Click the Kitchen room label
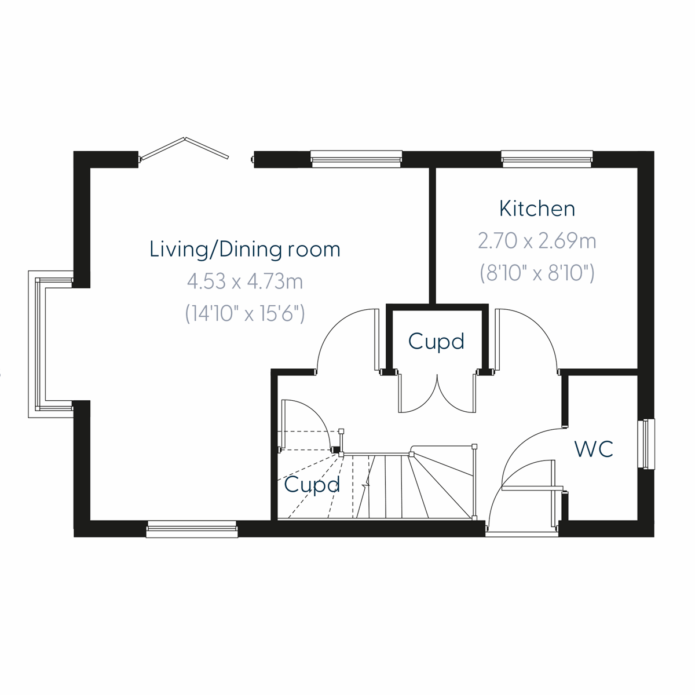(537, 209)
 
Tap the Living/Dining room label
(244, 249)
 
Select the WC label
(594, 449)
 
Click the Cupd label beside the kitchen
(436, 342)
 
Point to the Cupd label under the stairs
(312, 485)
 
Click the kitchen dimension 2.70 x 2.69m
(537, 240)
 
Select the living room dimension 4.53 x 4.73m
(244, 282)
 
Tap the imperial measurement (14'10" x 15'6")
(244, 313)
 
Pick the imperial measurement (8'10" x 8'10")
(537, 272)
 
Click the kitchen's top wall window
(547, 159)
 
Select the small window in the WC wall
(646, 444)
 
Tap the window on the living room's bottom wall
(192, 529)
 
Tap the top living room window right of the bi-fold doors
(356, 159)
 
